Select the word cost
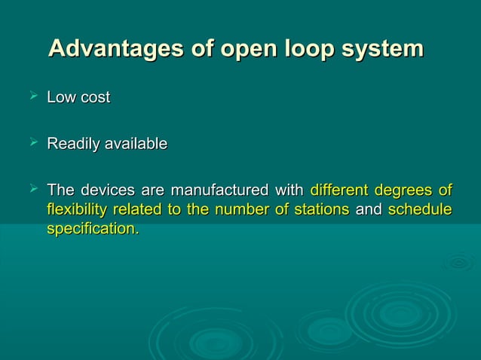95,97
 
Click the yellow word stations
320,209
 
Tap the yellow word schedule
420,209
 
